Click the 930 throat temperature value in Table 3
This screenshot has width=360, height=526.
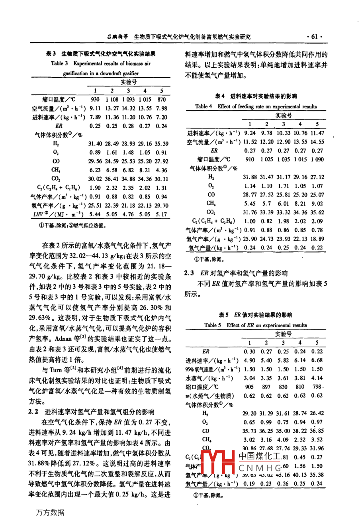(95, 99)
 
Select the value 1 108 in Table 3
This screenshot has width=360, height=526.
(112, 99)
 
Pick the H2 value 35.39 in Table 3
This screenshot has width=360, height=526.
(162, 143)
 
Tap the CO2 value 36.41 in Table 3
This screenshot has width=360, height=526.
(112, 179)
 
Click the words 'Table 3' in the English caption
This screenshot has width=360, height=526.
(59, 63)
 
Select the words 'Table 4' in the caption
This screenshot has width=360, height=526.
(203, 106)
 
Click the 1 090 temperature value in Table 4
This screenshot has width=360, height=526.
(317, 159)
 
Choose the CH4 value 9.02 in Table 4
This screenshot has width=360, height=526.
(317, 204)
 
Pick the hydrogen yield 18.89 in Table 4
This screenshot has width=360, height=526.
(317, 239)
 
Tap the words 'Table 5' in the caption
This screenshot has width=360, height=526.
(213, 325)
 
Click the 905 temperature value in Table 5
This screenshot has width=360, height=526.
(249, 387)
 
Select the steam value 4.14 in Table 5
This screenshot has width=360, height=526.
(317, 378)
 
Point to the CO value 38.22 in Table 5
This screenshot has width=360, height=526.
(300, 431)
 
